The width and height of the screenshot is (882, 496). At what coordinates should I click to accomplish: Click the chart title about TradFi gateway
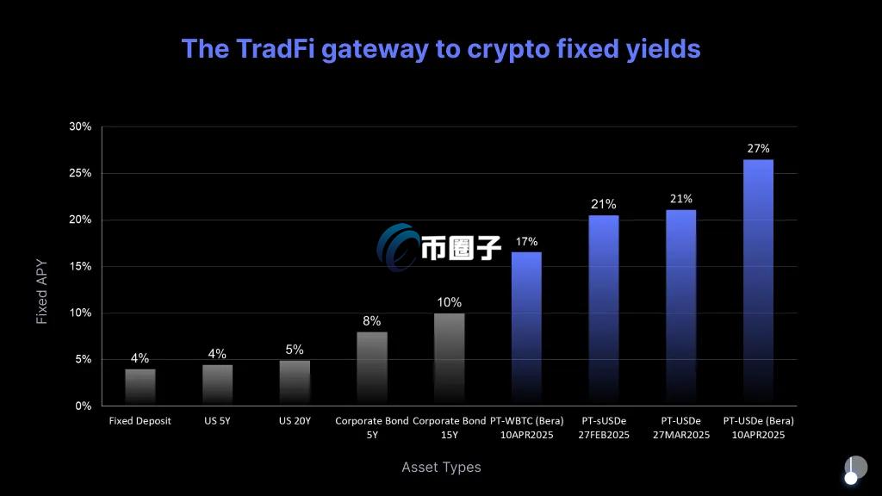coord(440,48)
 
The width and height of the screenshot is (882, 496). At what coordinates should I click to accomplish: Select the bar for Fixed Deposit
coord(140,387)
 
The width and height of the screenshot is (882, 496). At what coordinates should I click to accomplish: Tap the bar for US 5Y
coord(217,385)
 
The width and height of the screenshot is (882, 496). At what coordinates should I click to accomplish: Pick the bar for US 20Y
coord(295,382)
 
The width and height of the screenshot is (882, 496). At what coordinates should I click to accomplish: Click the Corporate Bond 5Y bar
coord(372,369)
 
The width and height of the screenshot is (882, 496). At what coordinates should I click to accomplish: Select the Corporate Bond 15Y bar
coord(449,359)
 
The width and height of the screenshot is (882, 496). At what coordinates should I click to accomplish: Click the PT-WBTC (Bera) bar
coord(526,328)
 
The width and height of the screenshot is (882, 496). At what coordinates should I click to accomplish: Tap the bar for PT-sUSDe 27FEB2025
coord(604,310)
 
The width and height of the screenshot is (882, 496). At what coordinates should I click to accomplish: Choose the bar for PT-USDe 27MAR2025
coord(680,307)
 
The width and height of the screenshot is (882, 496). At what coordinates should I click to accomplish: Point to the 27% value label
coord(758,148)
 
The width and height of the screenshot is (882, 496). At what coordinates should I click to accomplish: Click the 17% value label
coord(526,241)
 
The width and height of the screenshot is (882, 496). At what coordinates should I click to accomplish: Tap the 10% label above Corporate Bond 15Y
coord(449,302)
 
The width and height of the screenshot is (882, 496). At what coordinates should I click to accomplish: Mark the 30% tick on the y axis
coord(80,127)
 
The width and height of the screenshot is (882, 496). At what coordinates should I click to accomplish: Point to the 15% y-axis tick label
coord(80,266)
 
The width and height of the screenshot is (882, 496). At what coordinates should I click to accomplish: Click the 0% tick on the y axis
coord(84,406)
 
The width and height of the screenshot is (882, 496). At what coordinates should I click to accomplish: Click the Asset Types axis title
coord(441,467)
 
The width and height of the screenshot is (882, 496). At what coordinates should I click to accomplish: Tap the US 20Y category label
coord(295,421)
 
